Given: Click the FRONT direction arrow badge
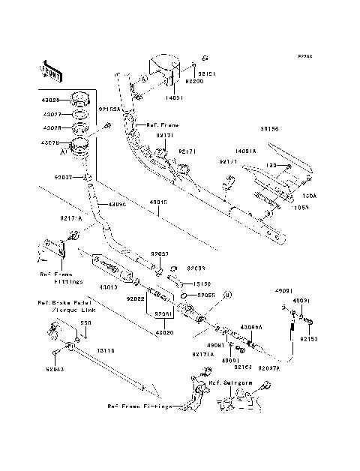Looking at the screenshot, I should pos(52,70).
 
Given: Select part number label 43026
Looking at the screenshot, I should pos(50,100).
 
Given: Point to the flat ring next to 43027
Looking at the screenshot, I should pos(80,115).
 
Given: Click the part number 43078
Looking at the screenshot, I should pos(50,142).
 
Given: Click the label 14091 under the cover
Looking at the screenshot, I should pos(174,97).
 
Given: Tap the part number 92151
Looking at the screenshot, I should pos(206,73).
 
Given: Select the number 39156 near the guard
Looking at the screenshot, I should pos(269,128).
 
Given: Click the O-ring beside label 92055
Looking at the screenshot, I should pos(183,296).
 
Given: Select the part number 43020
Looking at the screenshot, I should pos(165,332).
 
